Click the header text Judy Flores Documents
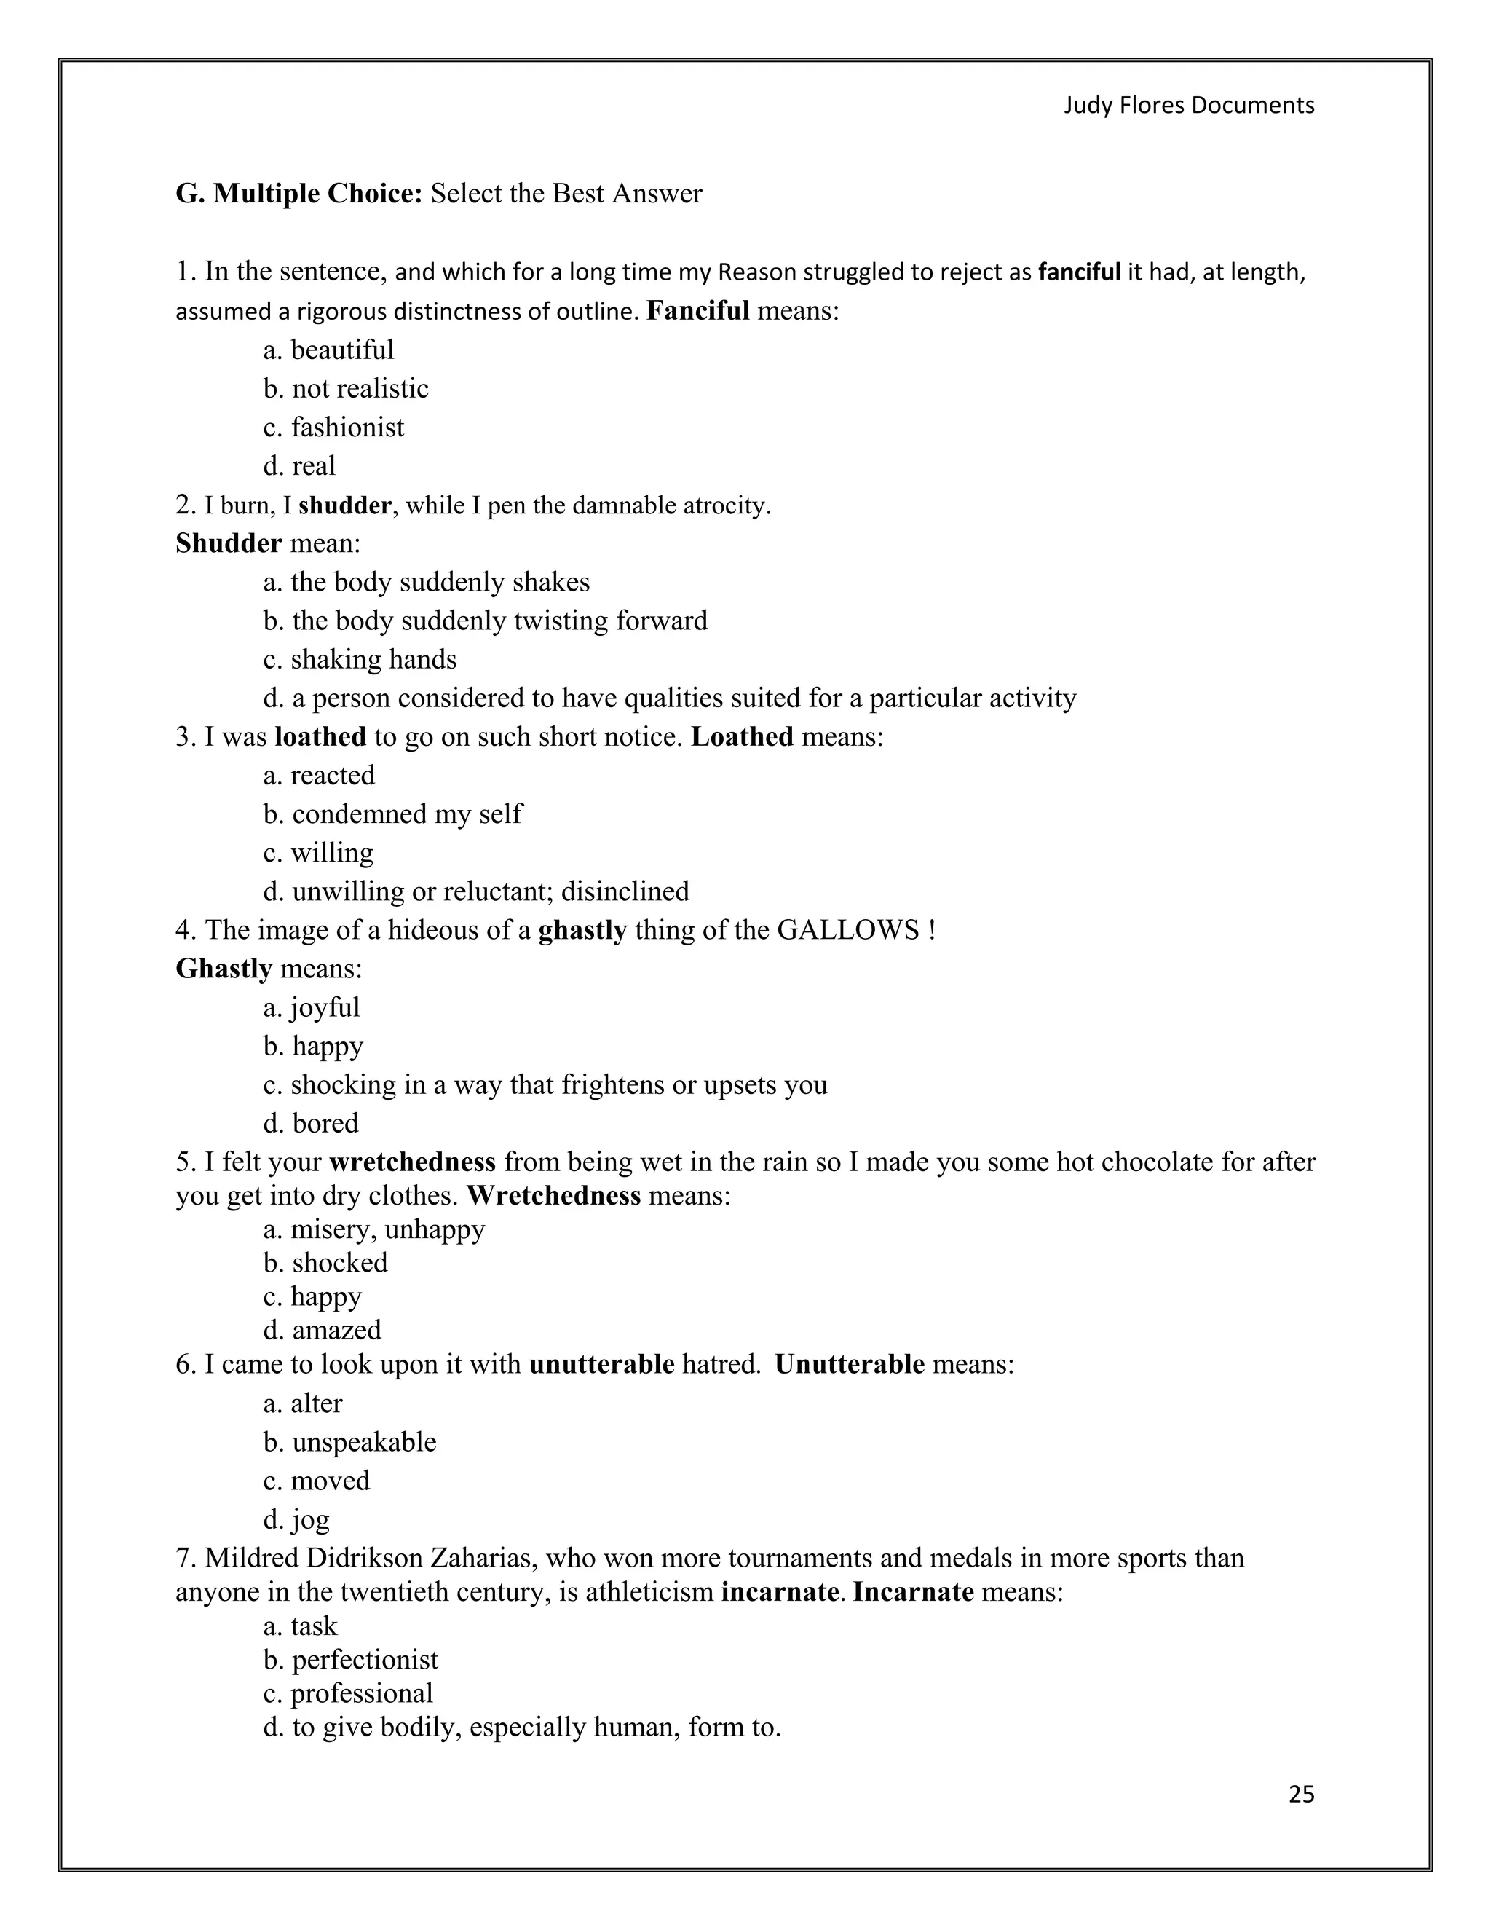point(1188,105)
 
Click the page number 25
point(1301,1794)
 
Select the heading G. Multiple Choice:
point(299,194)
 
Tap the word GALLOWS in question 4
point(848,931)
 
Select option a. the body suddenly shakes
point(426,583)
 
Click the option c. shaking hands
point(360,660)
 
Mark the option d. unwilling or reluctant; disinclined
point(476,891)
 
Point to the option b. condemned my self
point(392,814)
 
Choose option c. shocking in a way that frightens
point(545,1085)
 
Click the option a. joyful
point(311,1008)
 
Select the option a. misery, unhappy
point(373,1230)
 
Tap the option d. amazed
point(323,1330)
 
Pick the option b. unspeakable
point(349,1442)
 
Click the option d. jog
point(296,1520)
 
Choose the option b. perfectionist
point(351,1660)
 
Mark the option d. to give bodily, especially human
point(521,1727)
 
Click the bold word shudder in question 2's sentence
point(344,505)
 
